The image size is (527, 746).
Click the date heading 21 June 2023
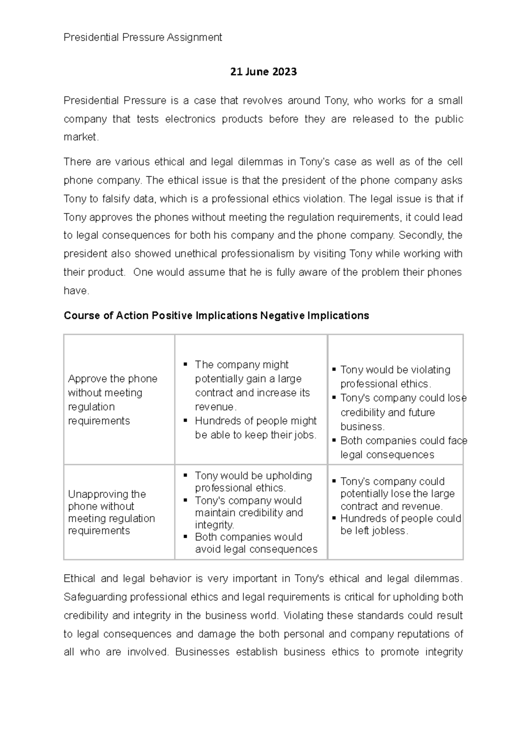coord(263,72)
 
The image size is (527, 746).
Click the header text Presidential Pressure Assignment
coord(143,37)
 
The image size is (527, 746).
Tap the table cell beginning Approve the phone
coord(112,399)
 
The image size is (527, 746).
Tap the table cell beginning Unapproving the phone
coord(112,512)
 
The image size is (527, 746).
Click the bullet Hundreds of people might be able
coord(255,427)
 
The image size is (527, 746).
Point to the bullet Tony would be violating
coord(395,377)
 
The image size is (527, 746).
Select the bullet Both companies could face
coord(403,447)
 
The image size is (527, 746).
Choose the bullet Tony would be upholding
coord(253,482)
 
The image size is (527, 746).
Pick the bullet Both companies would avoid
coord(256,543)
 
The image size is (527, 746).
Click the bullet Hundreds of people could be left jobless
coord(400,524)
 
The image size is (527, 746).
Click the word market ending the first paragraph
coord(81,137)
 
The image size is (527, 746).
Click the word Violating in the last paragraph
coord(303,615)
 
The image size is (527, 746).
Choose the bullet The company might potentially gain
coord(252,385)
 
